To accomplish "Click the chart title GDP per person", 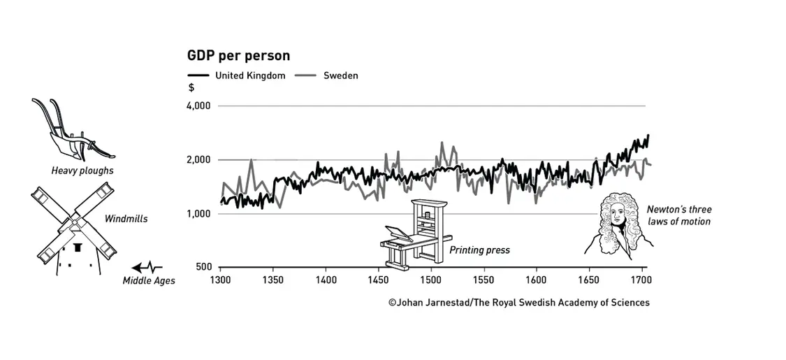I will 238,55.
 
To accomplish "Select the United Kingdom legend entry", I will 249,75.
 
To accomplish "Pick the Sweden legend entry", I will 340,75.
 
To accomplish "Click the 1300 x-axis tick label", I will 220,280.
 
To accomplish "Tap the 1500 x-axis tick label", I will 431,280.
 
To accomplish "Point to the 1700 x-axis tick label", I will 641,280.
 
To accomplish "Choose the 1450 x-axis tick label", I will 378,280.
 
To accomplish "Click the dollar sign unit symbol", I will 191,88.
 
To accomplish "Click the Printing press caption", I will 479,250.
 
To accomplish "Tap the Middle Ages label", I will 149,281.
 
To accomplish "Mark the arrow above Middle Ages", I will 147,267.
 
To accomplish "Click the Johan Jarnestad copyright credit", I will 519,303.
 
